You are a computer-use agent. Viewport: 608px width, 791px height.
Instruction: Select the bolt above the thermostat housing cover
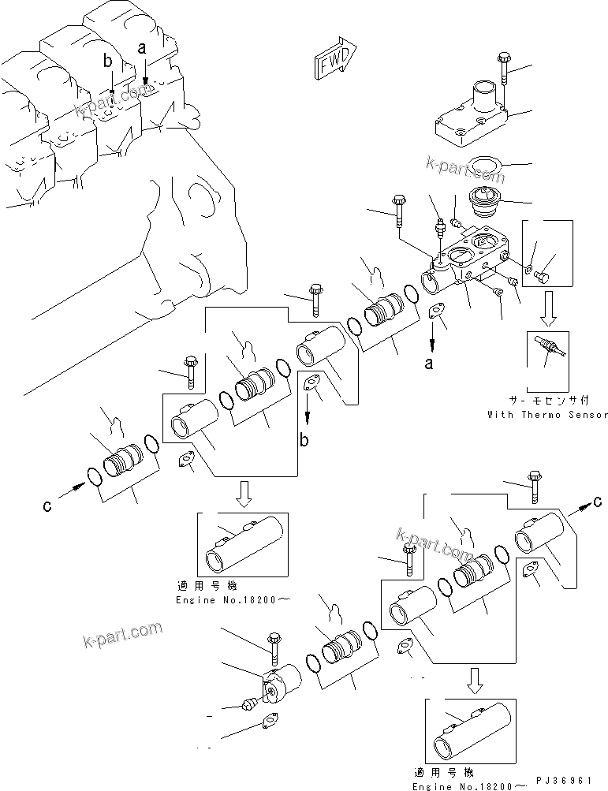pyautogui.click(x=503, y=71)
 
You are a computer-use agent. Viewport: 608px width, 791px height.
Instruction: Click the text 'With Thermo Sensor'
pyautogui.click(x=547, y=414)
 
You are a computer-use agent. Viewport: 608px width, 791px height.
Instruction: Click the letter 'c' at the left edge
pyautogui.click(x=47, y=506)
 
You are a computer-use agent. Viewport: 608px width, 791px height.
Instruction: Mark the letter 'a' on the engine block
pyautogui.click(x=142, y=48)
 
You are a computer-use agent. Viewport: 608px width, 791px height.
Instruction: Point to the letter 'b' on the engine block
pyautogui.click(x=109, y=60)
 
